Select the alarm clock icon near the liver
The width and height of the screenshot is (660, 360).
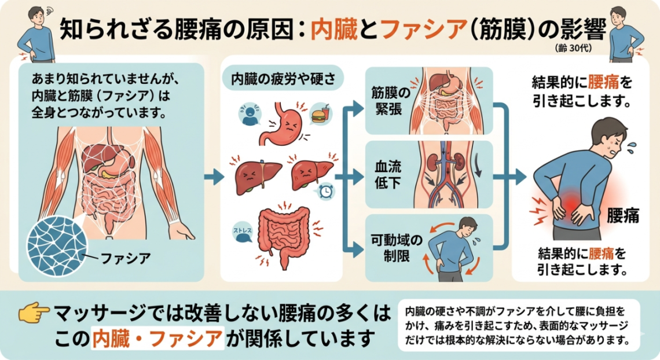(x=326, y=192)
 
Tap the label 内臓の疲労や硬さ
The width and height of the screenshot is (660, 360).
(x=283, y=79)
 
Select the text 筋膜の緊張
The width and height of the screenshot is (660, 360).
(x=390, y=101)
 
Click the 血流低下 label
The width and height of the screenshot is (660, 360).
(x=388, y=175)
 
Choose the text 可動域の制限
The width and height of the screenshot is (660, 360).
(x=396, y=248)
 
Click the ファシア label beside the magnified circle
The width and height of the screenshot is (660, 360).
(x=126, y=258)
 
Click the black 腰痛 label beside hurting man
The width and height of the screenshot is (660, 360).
(x=622, y=216)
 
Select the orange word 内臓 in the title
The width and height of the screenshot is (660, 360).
(x=334, y=30)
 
